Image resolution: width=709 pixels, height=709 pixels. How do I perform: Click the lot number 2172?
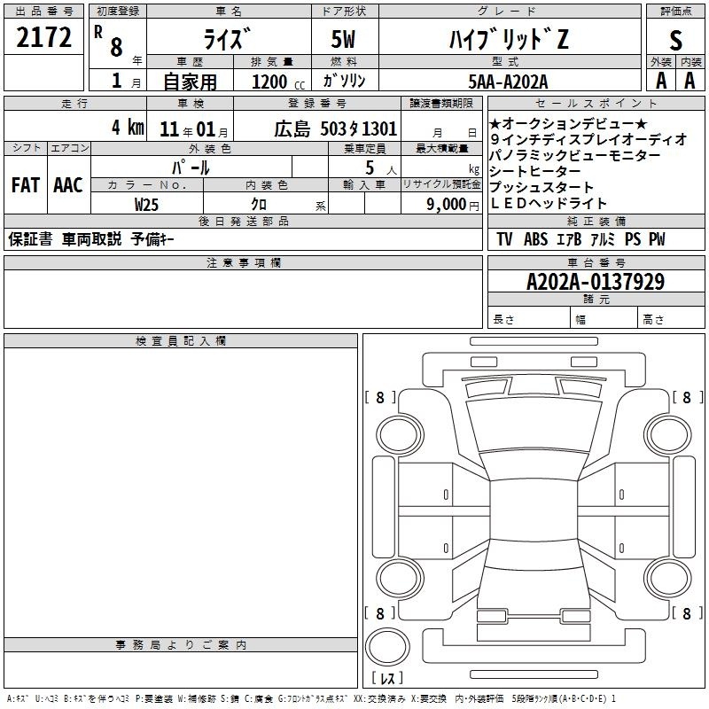click(x=43, y=37)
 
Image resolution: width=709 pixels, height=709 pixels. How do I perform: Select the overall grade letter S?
click(x=675, y=40)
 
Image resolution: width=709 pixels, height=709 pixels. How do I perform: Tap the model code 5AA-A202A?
click(x=508, y=82)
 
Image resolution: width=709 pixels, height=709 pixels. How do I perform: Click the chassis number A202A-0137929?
click(x=596, y=282)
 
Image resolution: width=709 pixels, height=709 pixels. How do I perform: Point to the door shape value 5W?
click(x=343, y=39)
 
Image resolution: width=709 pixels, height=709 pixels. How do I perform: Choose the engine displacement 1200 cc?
click(x=278, y=82)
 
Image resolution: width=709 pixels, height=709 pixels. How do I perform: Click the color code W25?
click(x=146, y=205)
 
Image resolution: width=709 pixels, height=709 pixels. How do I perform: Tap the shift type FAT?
click(x=26, y=185)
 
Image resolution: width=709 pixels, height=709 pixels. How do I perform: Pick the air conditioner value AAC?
click(x=68, y=185)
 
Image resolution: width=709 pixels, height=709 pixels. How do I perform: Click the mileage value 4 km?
click(x=128, y=128)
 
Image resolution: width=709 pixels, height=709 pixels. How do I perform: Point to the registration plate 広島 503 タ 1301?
click(x=336, y=129)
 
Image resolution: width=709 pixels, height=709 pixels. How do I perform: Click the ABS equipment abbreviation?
click(x=536, y=239)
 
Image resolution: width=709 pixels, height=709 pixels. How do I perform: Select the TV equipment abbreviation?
click(x=504, y=239)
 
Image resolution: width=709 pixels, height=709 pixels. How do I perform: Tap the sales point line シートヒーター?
click(x=534, y=171)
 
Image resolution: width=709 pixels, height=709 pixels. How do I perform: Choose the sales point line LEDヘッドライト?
click(x=548, y=204)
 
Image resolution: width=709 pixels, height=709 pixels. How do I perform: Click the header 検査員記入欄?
click(x=181, y=341)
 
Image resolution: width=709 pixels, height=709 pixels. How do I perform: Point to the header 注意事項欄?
click(x=243, y=262)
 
